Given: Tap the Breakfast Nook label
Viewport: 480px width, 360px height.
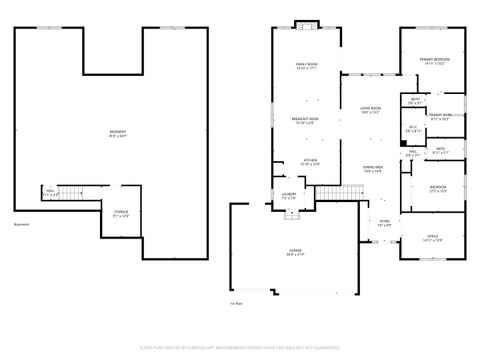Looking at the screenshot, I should pos(305,120).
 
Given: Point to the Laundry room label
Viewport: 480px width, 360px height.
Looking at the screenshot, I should pos(289,196).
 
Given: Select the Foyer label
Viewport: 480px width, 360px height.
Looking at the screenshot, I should pos(383,224).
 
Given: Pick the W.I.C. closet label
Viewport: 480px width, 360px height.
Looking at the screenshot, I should pos(413,130).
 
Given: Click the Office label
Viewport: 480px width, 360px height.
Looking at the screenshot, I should pos(432,239).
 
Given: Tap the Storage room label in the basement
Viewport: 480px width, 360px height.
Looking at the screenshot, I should pos(121,214).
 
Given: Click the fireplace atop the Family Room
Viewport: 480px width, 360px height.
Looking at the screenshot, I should pos(305,25).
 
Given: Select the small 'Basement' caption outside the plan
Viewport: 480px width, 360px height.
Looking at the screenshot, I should pos(21,224).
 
